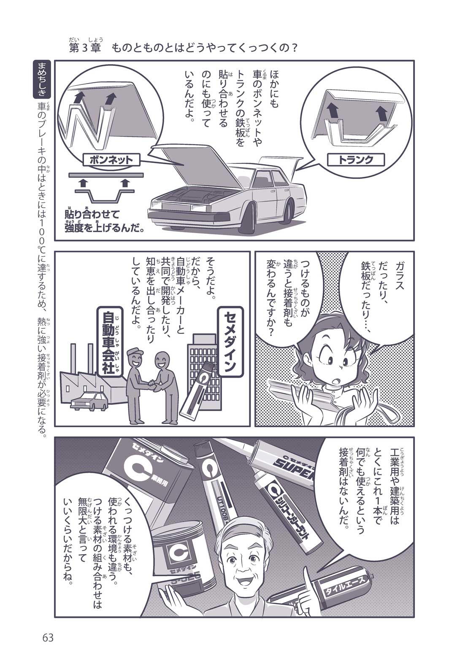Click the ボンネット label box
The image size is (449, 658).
(111, 160)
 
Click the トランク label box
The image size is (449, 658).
(356, 160)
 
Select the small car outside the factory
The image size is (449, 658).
(89, 401)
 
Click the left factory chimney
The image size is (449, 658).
(73, 358)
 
